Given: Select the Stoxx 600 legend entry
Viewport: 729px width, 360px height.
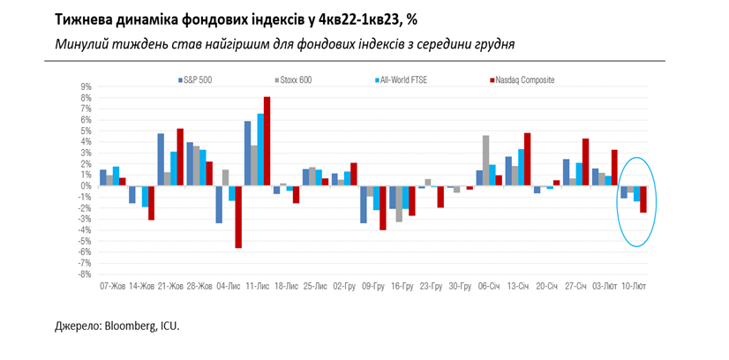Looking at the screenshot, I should tap(295, 80).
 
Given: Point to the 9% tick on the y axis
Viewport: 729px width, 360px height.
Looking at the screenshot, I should tap(86, 86).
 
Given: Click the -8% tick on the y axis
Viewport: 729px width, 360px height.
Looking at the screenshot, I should tap(86, 274).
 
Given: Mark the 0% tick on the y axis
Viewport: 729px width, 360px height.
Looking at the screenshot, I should tap(86, 186).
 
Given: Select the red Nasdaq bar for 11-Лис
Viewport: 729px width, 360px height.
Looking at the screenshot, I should tap(267, 141).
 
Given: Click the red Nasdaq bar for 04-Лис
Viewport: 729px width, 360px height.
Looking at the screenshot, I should tap(238, 217).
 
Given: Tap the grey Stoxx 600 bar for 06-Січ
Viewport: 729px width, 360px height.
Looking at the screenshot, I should tap(485, 161).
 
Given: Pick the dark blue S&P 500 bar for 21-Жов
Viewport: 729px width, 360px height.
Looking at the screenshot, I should tap(162, 160).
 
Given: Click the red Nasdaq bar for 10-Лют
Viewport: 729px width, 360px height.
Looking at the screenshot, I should tap(643, 199).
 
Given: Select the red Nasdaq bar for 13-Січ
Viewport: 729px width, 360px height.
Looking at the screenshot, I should tap(527, 160).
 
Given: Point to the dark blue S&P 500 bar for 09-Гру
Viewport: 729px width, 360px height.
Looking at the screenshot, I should tap(363, 205).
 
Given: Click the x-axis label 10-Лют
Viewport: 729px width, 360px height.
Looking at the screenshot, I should tap(635, 287).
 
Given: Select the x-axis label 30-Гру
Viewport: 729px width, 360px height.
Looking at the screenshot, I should tap(461, 287).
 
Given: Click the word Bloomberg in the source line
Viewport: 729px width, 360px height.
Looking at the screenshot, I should tap(131, 326).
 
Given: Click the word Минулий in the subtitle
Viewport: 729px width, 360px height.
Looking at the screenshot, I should tap(83, 44).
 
